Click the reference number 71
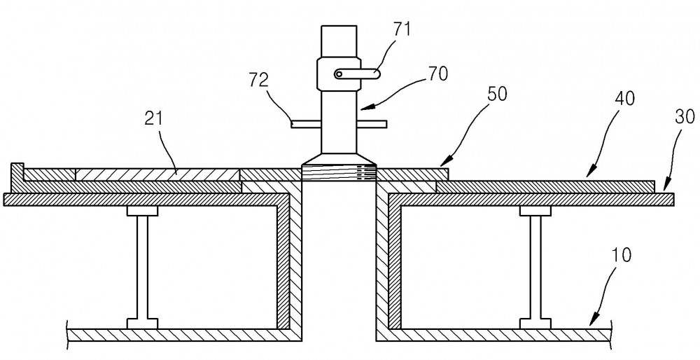point(402,29)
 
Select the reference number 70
point(438,74)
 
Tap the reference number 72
point(259,80)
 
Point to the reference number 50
point(498,95)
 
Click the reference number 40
point(624,99)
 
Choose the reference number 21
point(154,118)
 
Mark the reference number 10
point(622,256)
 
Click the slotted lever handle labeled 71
point(357,74)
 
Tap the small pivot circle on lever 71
point(339,74)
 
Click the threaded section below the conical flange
point(339,173)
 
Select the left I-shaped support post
point(142,267)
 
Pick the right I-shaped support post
point(535,267)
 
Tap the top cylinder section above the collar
point(339,41)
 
